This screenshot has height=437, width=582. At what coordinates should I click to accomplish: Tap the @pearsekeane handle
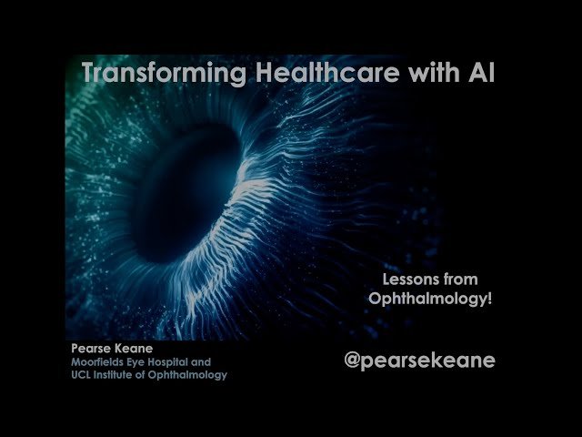point(419,360)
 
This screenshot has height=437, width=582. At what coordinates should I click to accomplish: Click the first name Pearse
point(90,348)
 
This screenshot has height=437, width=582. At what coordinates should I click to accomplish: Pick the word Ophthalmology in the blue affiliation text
point(193,374)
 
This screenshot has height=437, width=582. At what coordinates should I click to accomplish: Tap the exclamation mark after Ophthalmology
point(489,299)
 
